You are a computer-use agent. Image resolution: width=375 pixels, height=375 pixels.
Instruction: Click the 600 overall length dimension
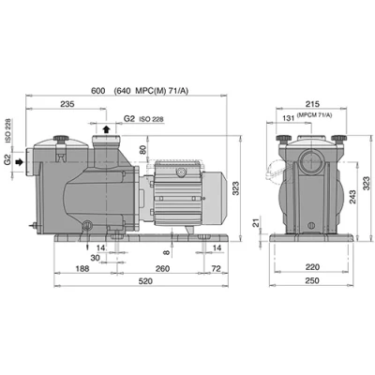(97, 91)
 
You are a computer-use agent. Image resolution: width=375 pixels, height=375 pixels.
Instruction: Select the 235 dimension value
(67, 104)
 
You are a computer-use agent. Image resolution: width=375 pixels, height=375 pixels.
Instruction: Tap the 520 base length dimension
(145, 281)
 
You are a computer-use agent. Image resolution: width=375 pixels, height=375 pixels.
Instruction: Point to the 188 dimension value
(82, 268)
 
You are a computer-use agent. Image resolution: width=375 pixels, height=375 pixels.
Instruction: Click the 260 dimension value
(162, 268)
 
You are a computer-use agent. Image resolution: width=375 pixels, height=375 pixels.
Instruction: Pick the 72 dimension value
(217, 268)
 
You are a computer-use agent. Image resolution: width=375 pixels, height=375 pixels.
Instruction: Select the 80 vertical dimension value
(142, 150)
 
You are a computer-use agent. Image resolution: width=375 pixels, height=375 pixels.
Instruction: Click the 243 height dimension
(352, 197)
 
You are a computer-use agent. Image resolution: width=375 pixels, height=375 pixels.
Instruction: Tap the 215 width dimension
(312, 104)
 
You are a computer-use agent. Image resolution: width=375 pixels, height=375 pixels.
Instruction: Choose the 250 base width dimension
(312, 280)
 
